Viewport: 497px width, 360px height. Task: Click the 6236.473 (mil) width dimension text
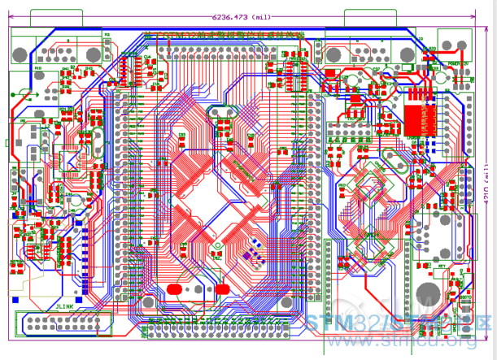click(x=241, y=16)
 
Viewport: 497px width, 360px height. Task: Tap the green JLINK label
click(x=65, y=306)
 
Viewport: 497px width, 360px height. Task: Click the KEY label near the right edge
click(x=442, y=266)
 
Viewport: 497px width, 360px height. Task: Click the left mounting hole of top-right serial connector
click(x=332, y=54)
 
